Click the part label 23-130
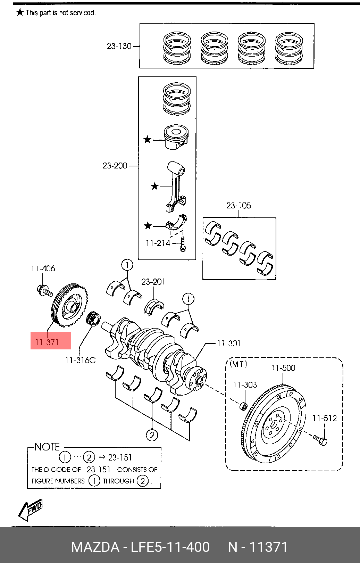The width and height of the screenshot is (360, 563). click(x=119, y=46)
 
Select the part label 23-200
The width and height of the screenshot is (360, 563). click(x=115, y=166)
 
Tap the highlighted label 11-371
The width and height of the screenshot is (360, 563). click(x=48, y=342)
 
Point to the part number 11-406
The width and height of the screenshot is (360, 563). click(x=43, y=268)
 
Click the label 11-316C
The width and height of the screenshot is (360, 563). click(x=80, y=360)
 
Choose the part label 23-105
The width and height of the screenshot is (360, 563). click(x=238, y=206)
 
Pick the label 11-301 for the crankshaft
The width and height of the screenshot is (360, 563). click(x=229, y=343)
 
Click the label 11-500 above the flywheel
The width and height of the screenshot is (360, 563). click(x=283, y=367)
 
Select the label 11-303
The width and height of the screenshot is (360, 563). click(x=245, y=384)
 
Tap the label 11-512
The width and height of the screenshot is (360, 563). click(x=325, y=418)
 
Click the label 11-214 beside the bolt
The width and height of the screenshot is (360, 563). click(x=158, y=243)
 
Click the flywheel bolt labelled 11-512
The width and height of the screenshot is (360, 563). click(x=320, y=440)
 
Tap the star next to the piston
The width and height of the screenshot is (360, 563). click(x=148, y=140)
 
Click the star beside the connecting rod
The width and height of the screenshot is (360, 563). click(x=155, y=186)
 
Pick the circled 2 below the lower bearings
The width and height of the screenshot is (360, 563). click(x=152, y=434)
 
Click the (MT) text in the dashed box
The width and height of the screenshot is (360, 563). click(x=238, y=364)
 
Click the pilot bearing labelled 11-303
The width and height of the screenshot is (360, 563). click(x=244, y=406)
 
